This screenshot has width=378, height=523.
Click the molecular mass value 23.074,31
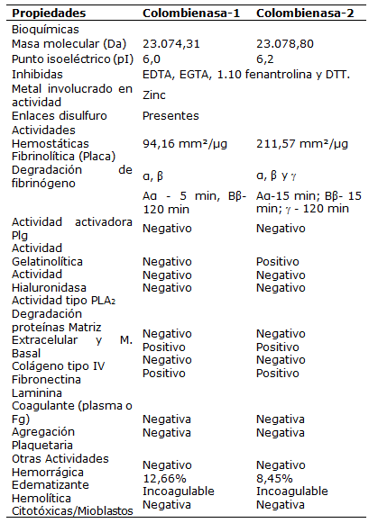(176, 43)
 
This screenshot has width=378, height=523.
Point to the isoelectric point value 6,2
(265, 58)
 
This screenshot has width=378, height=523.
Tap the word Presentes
(171, 116)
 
